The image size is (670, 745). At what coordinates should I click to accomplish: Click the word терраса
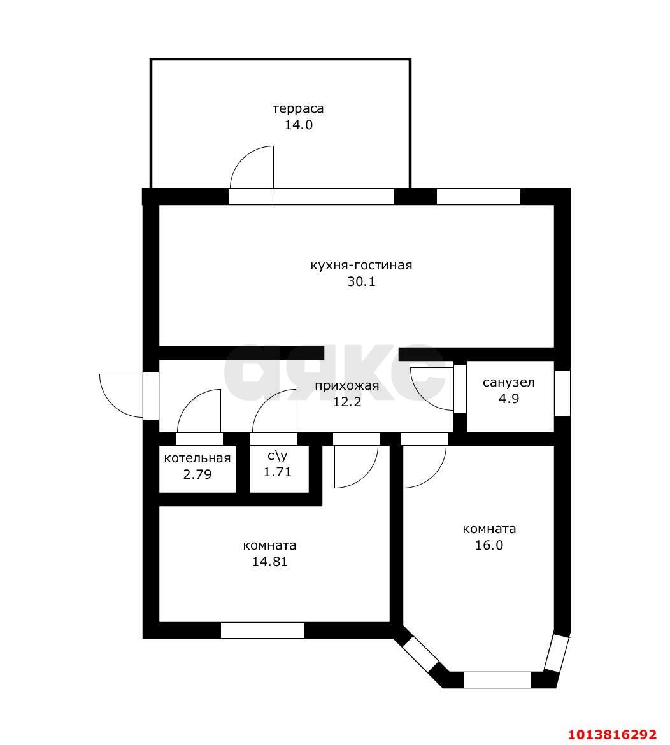[x=298, y=109]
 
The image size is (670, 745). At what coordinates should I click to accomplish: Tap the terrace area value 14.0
[x=299, y=125]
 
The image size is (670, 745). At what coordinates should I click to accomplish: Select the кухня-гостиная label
[x=361, y=265]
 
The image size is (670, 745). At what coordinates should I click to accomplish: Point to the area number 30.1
[x=361, y=281]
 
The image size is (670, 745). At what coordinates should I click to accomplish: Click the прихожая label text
[x=347, y=385]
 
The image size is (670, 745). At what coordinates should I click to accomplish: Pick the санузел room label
[x=508, y=383]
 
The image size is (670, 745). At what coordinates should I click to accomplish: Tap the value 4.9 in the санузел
[x=508, y=399]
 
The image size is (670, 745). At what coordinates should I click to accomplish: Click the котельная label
[x=197, y=458]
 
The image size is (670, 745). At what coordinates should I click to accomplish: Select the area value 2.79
[x=197, y=474]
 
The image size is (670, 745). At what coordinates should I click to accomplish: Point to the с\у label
[x=278, y=456]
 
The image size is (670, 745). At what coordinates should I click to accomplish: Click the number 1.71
[x=278, y=472]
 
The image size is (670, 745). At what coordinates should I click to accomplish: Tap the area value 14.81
[x=269, y=562]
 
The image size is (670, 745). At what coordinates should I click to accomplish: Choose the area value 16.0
[x=489, y=545]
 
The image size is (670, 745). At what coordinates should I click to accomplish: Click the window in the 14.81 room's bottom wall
[x=262, y=630]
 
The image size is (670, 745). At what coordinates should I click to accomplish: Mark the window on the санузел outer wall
[x=562, y=393]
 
